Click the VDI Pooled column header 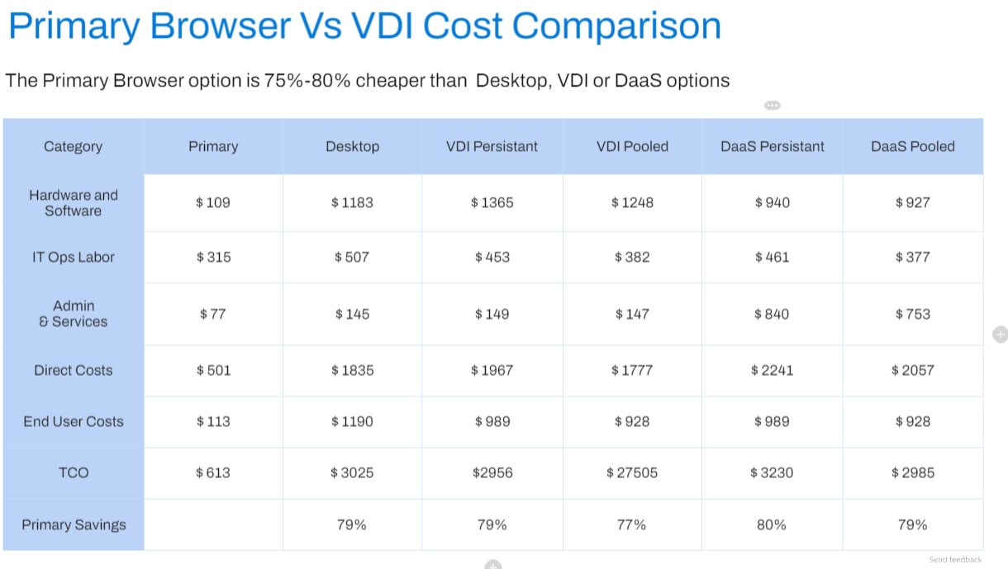click(x=632, y=147)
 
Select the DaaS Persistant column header click(x=773, y=147)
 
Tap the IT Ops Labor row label click(x=74, y=258)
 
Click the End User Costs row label click(x=74, y=421)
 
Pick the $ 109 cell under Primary click(x=213, y=203)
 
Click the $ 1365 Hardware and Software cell click(x=492, y=203)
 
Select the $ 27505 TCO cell click(x=632, y=472)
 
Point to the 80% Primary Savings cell click(x=772, y=525)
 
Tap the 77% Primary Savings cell click(x=631, y=525)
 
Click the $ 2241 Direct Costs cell click(x=772, y=371)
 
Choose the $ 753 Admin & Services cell click(x=913, y=314)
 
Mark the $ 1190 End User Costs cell click(x=352, y=421)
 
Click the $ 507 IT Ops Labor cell click(x=351, y=258)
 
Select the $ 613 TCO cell click(x=213, y=472)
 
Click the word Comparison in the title click(x=616, y=26)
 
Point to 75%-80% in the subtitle click(x=307, y=81)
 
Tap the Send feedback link click(x=955, y=560)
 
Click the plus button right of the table click(x=1001, y=334)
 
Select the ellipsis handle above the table click(x=773, y=106)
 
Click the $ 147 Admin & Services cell click(x=632, y=314)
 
